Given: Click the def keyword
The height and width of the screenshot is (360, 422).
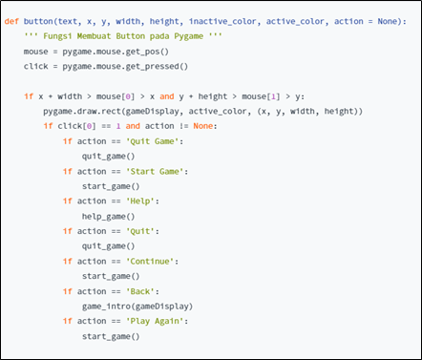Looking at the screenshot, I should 11,20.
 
